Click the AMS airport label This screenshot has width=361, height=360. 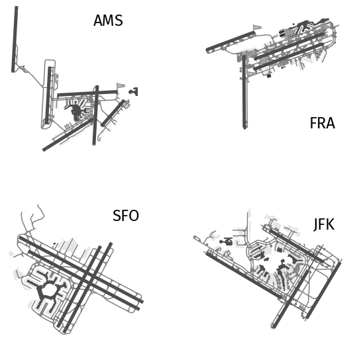click(x=108, y=21)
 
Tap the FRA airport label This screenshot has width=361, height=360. click(x=323, y=123)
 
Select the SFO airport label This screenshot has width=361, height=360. click(x=126, y=216)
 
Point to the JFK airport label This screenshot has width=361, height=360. click(x=324, y=224)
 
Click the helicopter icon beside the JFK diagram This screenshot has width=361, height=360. click(x=226, y=242)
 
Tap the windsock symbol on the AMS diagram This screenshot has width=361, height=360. click(x=121, y=85)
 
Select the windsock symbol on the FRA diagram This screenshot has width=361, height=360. click(x=257, y=27)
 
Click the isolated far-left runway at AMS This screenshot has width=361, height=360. click(x=15, y=39)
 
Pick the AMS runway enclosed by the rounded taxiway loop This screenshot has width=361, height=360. click(x=48, y=95)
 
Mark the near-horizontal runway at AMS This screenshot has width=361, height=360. click(x=87, y=93)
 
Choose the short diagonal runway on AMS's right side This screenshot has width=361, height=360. click(x=113, y=113)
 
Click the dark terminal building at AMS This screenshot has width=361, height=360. click(x=76, y=112)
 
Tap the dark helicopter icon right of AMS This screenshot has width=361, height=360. click(x=134, y=91)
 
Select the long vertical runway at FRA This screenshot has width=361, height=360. click(x=244, y=92)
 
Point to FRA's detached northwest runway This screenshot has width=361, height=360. click(x=231, y=42)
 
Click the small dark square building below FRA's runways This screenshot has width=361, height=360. click(x=269, y=75)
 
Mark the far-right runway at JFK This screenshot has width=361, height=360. click(x=323, y=291)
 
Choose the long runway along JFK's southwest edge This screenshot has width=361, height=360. click(x=244, y=275)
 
